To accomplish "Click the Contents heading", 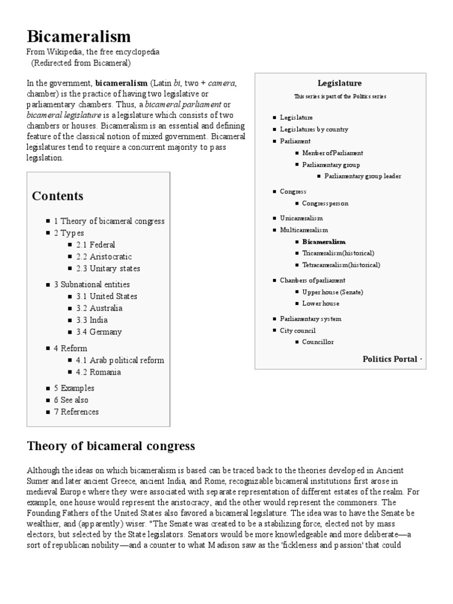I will (58, 196).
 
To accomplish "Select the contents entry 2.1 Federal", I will (96, 245).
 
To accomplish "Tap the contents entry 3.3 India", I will (91, 320).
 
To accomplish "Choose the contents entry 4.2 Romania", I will (99, 372).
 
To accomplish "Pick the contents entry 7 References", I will (76, 412).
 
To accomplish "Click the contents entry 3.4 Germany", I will (99, 331).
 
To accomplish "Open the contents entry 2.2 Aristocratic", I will (104, 257).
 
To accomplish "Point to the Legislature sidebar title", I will (339, 83).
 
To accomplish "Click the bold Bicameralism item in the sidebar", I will (324, 241).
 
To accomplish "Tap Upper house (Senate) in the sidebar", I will (333, 292).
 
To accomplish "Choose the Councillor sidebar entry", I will (318, 342).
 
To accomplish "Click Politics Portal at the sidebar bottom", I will (389, 359).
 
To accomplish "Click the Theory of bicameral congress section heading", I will (111, 446).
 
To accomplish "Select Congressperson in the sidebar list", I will (325, 203).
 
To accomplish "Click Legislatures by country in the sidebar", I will (314, 129).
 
